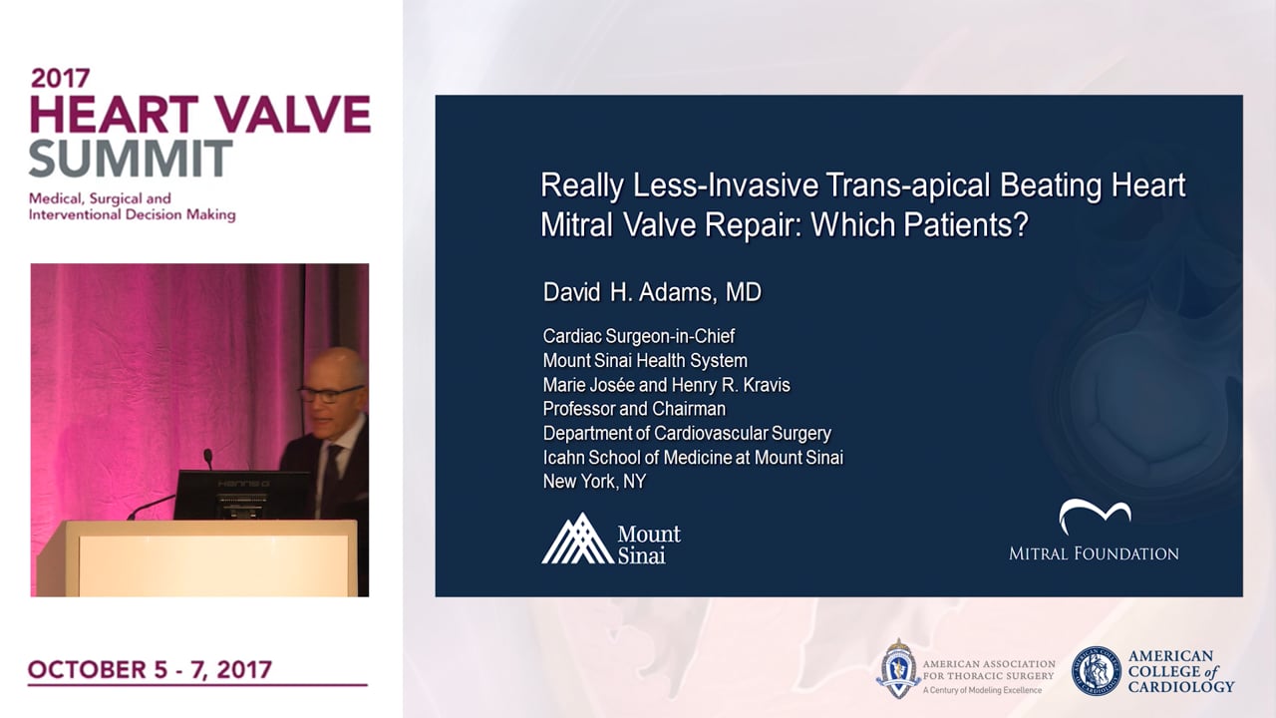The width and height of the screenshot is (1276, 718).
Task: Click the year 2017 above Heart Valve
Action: point(61,78)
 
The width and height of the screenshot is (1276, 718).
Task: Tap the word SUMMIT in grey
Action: point(131,159)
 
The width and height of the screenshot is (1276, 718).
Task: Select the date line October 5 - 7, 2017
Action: point(150,669)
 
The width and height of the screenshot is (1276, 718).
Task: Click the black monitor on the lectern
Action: point(242,495)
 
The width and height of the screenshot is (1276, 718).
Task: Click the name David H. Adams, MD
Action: point(652,292)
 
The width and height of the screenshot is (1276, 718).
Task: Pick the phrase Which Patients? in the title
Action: point(920,224)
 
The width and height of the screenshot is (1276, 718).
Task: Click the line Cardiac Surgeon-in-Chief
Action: point(639,336)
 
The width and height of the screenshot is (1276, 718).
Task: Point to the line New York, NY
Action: point(594,482)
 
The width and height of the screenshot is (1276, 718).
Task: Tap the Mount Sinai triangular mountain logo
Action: point(577,539)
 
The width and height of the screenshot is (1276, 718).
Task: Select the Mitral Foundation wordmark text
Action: point(1094,553)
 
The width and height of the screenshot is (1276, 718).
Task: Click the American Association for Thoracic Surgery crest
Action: point(898,669)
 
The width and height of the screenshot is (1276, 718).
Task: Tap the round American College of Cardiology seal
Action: point(1096,671)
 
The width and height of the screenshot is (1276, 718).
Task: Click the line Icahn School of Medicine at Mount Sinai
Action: point(693,458)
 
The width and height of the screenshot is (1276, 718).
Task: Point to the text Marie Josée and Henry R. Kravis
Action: point(667,385)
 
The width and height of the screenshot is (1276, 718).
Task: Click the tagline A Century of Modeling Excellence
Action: point(982,690)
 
